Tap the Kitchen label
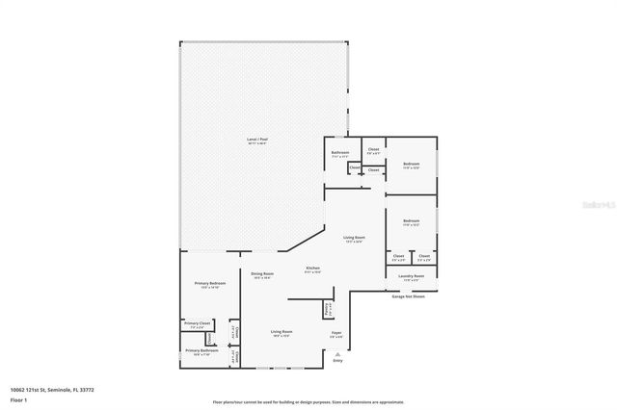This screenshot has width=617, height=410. (x=312, y=269)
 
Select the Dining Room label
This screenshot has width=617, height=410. (x=262, y=275)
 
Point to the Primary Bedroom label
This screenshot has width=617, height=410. (x=210, y=284)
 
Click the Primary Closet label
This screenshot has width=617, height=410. (x=198, y=323)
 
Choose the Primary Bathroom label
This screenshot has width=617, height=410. (x=201, y=351)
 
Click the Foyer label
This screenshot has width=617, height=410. (x=336, y=334)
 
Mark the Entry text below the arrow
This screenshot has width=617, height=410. (x=337, y=361)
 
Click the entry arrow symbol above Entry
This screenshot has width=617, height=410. (x=337, y=353)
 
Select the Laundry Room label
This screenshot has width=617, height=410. (x=412, y=276)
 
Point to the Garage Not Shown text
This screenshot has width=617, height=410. (x=408, y=296)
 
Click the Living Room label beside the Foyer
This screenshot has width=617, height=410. (x=282, y=332)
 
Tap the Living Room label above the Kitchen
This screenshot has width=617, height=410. (x=354, y=238)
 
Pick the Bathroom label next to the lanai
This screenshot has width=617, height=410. (x=340, y=152)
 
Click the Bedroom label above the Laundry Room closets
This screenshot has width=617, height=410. (x=411, y=221)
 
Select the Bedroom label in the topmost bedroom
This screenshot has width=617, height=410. (x=411, y=165)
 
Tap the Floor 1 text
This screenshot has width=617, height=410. (x=18, y=398)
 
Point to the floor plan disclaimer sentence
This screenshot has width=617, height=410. (x=308, y=402)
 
